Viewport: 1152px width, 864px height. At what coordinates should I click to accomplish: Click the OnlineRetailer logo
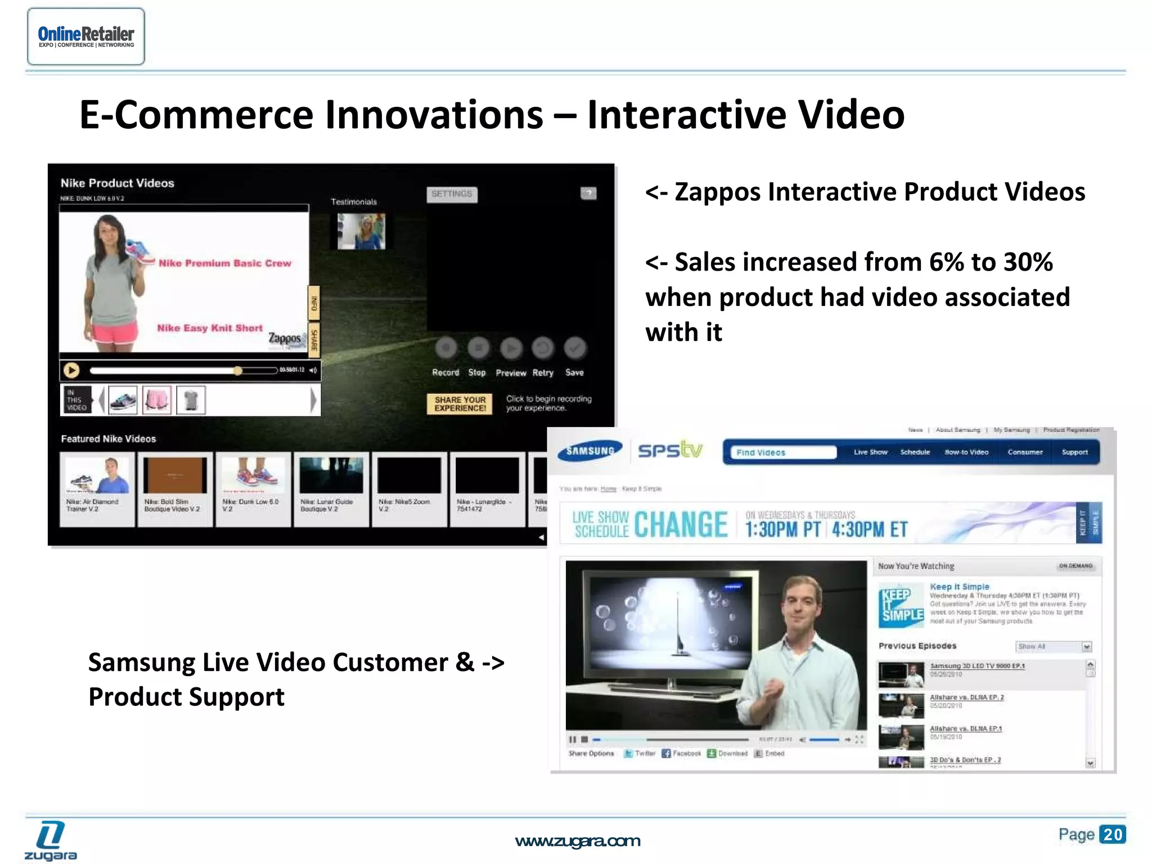[x=86, y=37]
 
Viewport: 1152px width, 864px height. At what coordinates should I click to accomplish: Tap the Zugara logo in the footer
[x=50, y=840]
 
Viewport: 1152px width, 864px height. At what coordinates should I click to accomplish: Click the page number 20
[x=1112, y=834]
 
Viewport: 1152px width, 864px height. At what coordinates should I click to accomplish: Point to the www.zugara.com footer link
[x=577, y=841]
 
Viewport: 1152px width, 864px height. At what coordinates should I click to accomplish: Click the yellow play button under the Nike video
[x=71, y=370]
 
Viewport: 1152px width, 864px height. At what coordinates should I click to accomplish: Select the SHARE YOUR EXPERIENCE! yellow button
[x=460, y=403]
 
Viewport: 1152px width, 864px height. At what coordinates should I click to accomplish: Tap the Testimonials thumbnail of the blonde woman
[x=361, y=231]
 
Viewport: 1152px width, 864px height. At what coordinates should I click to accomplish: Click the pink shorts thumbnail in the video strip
[x=157, y=400]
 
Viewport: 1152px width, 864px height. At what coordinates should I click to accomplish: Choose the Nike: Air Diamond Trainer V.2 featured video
[x=97, y=488]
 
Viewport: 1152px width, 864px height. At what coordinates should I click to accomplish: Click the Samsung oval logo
[x=589, y=451]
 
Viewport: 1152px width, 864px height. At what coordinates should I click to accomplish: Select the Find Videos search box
[x=782, y=452]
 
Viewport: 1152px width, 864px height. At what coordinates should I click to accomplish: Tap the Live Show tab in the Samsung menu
[x=870, y=452]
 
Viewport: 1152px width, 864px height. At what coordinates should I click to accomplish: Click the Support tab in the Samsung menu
[x=1074, y=452]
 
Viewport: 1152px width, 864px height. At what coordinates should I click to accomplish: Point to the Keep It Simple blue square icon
[x=901, y=605]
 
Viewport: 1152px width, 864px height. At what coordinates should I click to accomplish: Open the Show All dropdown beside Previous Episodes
[x=1053, y=646]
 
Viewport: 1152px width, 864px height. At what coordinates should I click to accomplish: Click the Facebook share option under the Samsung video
[x=681, y=753]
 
